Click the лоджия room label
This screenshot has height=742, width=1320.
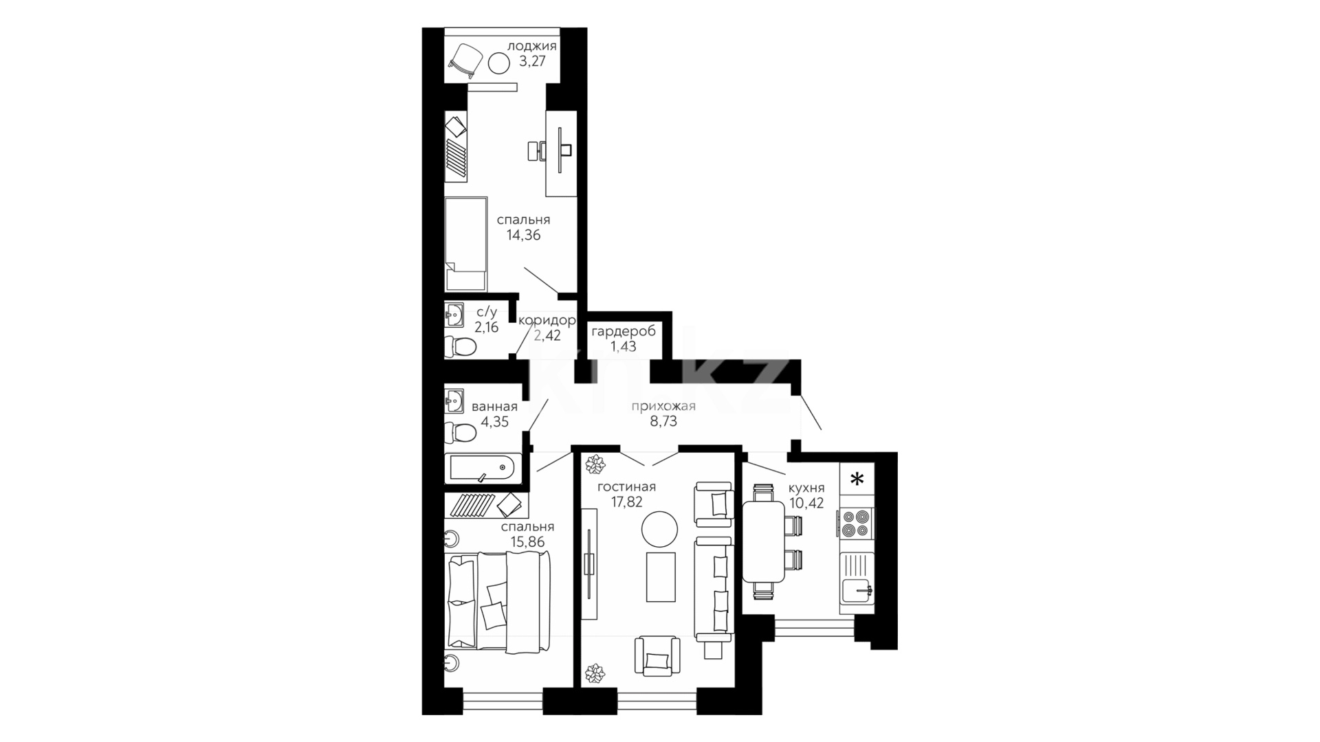pyautogui.click(x=531, y=47)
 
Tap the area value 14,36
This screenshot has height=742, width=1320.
pyautogui.click(x=524, y=235)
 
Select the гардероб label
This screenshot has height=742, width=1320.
pyautogui.click(x=624, y=332)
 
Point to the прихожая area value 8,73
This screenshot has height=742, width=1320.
pyautogui.click(x=663, y=421)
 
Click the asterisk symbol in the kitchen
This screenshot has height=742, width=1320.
pyautogui.click(x=857, y=480)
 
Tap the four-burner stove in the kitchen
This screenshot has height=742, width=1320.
pyautogui.click(x=856, y=522)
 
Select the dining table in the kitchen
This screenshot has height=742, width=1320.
pyautogui.click(x=763, y=541)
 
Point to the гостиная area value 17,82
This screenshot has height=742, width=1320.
pyautogui.click(x=626, y=502)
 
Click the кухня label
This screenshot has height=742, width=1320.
pyautogui.click(x=806, y=488)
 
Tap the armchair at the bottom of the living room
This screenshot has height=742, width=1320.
pyautogui.click(x=657, y=656)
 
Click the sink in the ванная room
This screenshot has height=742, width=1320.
pyautogui.click(x=454, y=399)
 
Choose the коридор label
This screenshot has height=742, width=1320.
pyautogui.click(x=547, y=321)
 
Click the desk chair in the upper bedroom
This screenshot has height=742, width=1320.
pyautogui.click(x=537, y=150)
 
